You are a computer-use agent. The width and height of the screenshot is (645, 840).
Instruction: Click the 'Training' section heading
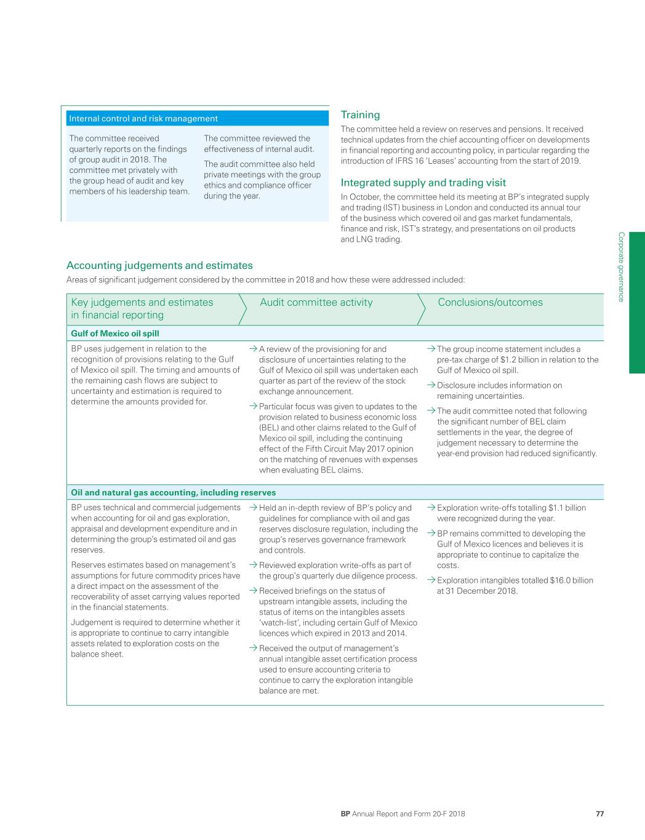360,115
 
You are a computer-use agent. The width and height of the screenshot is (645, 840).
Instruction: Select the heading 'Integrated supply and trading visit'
423,183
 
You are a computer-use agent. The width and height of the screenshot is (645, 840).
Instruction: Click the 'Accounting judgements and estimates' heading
159,266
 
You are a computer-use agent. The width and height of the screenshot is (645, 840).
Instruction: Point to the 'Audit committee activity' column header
316,302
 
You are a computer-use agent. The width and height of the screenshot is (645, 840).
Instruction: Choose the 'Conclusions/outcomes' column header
490,302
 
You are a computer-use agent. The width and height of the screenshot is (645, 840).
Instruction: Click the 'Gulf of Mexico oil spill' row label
115,334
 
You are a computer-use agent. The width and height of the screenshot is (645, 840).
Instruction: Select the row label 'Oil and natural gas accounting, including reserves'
173,492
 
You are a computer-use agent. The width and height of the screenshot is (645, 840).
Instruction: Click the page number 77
599,814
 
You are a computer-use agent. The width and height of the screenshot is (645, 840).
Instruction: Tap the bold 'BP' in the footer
345,814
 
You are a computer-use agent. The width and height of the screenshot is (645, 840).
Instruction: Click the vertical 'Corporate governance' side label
621,266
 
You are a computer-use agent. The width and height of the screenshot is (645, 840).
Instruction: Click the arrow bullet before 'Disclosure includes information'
431,385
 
